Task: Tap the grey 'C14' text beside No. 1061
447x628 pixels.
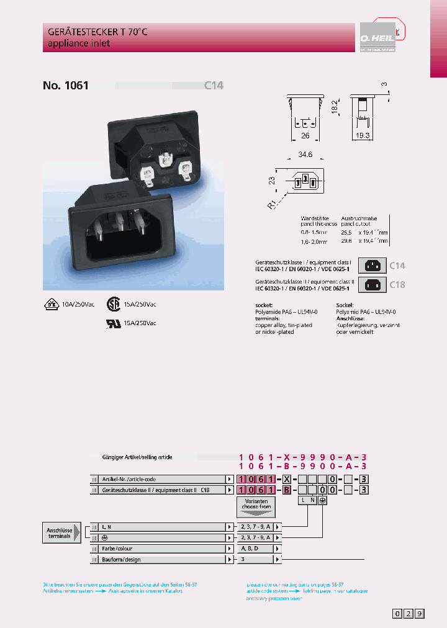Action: (214, 86)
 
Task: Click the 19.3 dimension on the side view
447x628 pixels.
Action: (363, 135)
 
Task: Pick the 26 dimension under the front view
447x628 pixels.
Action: (304, 135)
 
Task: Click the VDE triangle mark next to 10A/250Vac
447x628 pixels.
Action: (52, 305)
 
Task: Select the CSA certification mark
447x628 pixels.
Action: (113, 305)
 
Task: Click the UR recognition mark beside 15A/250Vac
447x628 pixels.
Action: (113, 323)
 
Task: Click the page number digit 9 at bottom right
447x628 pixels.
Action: (420, 614)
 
